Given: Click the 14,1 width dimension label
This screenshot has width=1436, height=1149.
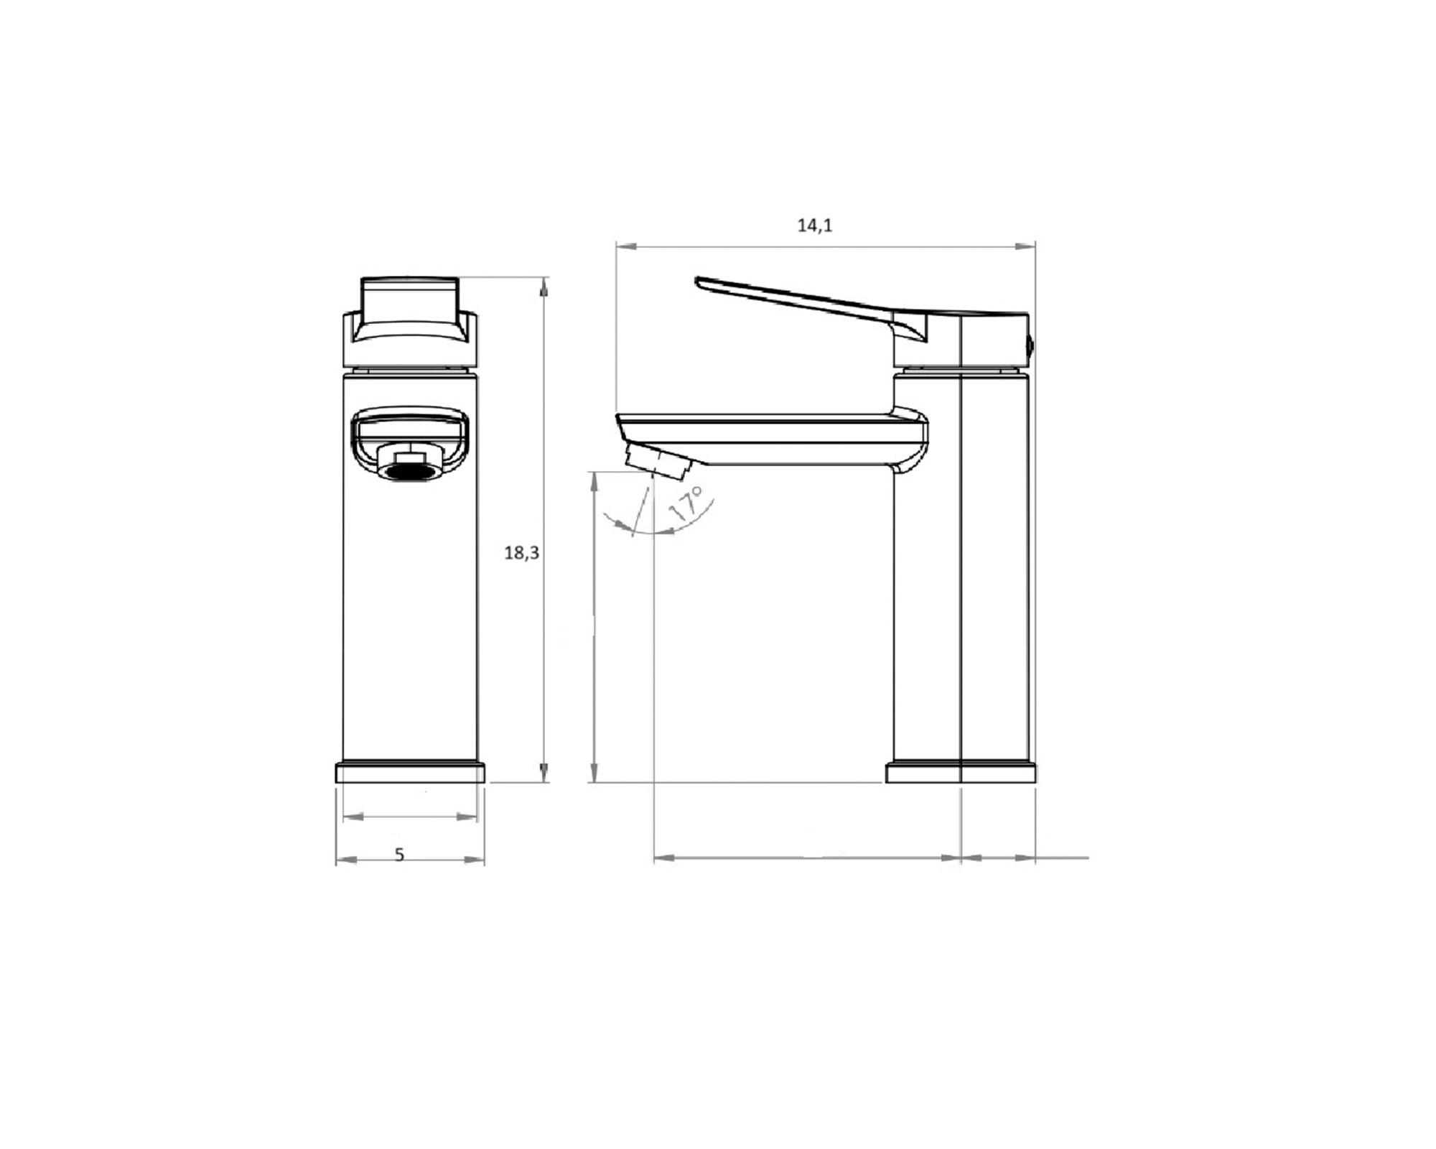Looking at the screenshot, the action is [815, 225].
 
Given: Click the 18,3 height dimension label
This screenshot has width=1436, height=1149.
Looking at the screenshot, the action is [521, 553].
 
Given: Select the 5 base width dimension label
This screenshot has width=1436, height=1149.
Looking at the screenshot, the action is [400, 855].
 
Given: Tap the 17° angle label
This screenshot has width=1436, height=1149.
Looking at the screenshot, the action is [686, 503].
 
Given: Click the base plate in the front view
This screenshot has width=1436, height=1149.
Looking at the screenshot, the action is [410, 771].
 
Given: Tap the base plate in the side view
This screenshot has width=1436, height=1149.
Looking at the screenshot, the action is [961, 772].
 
